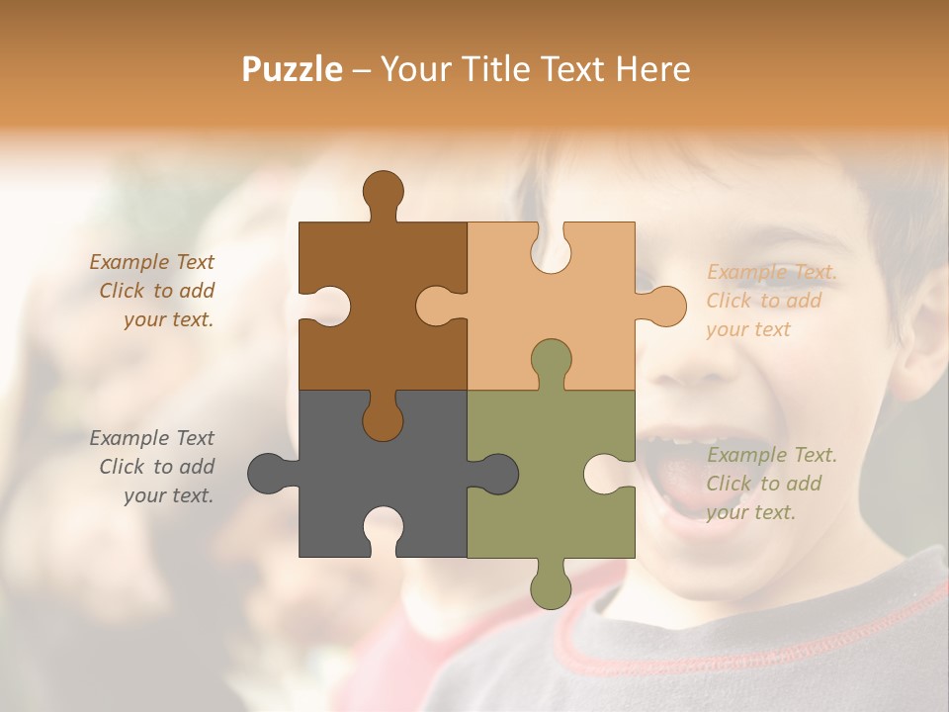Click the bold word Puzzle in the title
293,69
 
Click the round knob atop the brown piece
383,191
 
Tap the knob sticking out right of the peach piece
664,306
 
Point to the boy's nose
697,361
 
